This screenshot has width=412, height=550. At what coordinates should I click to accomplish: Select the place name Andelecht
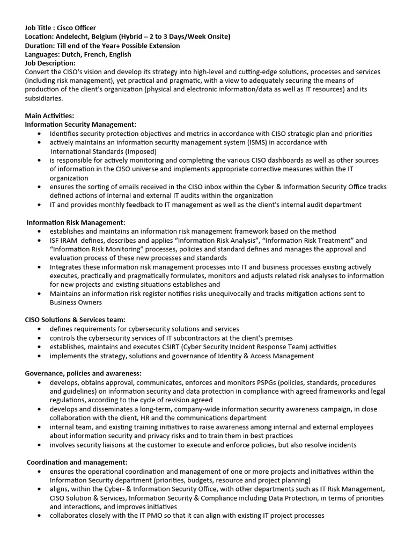coord(73,37)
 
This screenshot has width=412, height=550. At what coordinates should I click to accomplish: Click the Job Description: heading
coord(50,63)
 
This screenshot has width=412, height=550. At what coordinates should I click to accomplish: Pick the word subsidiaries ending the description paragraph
coord(43,98)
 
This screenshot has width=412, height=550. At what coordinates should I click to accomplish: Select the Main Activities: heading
coord(49,115)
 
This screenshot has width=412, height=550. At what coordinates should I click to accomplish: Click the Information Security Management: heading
coord(80,124)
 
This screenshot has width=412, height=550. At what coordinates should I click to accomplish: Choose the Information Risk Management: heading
coord(76,222)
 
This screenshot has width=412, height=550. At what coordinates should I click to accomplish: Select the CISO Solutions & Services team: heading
coord(75,320)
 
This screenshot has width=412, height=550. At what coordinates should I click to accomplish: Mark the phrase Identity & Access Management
coord(261,356)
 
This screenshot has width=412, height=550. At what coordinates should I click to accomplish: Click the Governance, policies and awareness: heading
coord(83,373)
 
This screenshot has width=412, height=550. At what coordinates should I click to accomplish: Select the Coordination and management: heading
coord(77,462)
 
